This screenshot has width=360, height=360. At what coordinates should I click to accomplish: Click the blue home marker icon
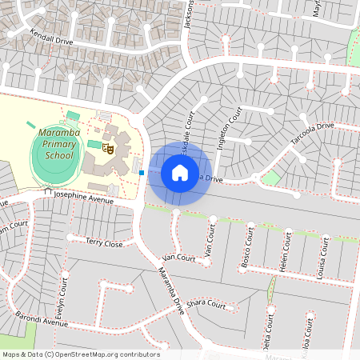pyautogui.click(x=180, y=173)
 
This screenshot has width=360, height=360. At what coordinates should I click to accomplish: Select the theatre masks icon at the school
pyautogui.click(x=112, y=147)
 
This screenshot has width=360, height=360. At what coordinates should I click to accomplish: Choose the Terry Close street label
pyautogui.click(x=105, y=242)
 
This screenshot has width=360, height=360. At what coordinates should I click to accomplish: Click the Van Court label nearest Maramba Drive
pyautogui.click(x=178, y=258)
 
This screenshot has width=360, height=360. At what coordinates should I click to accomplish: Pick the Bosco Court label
pyautogui.click(x=249, y=247)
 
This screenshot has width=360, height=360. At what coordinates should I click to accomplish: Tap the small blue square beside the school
pyautogui.click(x=142, y=172)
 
